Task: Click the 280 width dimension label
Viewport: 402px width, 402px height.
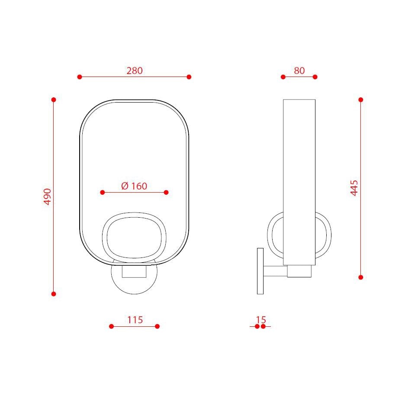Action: pos(134,71)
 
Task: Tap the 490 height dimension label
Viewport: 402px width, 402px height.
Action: pos(48,197)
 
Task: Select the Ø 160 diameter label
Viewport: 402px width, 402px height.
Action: pos(134,186)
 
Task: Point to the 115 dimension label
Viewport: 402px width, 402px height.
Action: pos(135,320)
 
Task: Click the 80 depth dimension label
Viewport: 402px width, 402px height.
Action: pos(299,71)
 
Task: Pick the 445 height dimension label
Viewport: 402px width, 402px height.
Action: pos(354,188)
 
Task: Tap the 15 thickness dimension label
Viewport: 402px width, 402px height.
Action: pos(261,320)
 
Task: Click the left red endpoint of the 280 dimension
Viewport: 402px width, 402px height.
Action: pos(80,77)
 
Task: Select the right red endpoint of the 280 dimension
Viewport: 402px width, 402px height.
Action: pos(189,77)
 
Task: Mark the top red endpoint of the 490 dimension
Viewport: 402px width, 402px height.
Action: pos(54,100)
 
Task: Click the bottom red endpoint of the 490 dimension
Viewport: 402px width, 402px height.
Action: pos(54,294)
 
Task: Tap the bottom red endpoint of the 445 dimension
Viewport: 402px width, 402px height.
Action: pos(361,277)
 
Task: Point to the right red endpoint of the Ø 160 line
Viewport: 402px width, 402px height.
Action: pos(167,192)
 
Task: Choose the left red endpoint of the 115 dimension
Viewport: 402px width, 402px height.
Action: pos(111,326)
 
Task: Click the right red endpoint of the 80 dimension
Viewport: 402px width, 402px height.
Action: pos(315,77)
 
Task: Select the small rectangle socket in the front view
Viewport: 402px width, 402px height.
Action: pos(134,271)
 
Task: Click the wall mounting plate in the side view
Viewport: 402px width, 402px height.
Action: pos(260,271)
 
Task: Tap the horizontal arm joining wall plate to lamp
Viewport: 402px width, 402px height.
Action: pos(275,271)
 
